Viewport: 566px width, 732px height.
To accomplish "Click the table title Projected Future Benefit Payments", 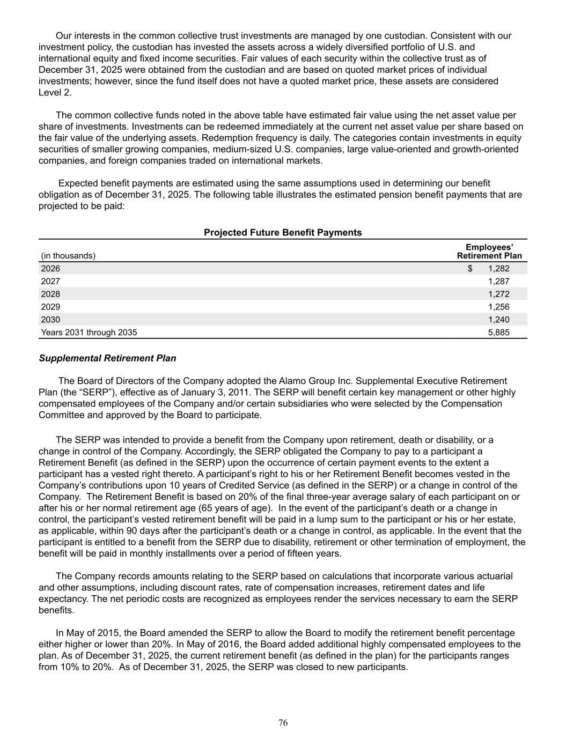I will [x=283, y=233].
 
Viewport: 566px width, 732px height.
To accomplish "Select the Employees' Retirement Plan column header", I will [x=489, y=252].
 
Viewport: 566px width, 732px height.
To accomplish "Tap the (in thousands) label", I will [x=68, y=256].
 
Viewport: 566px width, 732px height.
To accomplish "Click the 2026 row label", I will [x=51, y=269].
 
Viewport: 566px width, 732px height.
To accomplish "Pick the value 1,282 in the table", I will [x=498, y=269].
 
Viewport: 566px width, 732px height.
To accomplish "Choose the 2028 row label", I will [x=51, y=294].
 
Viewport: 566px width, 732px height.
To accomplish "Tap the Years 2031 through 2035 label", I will [x=89, y=332].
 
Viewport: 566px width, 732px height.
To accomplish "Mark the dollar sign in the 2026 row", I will [x=470, y=269].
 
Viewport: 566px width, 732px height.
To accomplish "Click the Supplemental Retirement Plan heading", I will [x=107, y=358].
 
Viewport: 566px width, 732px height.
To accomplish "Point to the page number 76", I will [x=283, y=723].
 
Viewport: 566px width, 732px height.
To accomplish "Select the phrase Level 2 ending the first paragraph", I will [x=54, y=93].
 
